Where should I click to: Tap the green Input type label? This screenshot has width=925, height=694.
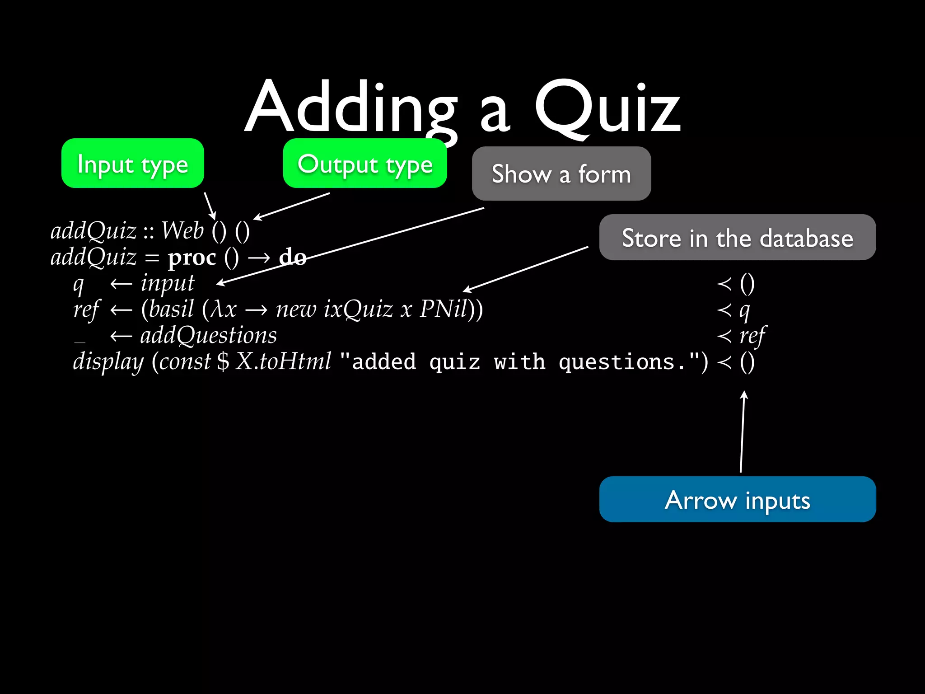(x=132, y=164)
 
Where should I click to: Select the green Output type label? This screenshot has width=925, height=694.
(x=365, y=164)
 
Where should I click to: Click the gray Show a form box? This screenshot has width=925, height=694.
(x=561, y=174)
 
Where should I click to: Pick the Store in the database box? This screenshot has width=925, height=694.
(x=737, y=238)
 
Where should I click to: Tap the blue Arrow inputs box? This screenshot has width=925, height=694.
(x=737, y=500)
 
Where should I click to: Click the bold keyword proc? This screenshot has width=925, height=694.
(x=192, y=258)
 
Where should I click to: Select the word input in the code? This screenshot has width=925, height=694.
(x=167, y=284)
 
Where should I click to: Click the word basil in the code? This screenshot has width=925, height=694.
(x=171, y=309)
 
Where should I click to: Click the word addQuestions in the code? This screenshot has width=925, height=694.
(x=208, y=336)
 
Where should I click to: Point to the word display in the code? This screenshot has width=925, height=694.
(x=108, y=362)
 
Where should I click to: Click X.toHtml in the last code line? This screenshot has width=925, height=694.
(x=284, y=362)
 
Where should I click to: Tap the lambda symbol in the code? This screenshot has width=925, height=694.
(x=218, y=310)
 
